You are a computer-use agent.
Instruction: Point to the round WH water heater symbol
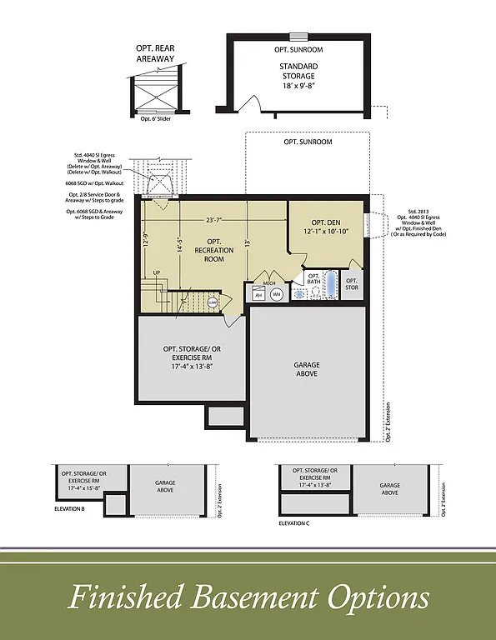(x=277, y=294)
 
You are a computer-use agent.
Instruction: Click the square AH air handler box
(x=258, y=294)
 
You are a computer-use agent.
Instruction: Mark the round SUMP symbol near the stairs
(x=213, y=302)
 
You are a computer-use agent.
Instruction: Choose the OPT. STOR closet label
(x=352, y=284)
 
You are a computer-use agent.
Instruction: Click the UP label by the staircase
(x=156, y=272)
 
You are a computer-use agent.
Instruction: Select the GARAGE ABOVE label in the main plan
(x=307, y=369)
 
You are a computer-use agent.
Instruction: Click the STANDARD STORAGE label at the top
(x=298, y=71)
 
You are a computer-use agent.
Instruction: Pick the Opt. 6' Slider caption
(x=156, y=118)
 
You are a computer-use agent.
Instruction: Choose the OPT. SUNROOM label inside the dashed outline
(x=307, y=142)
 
